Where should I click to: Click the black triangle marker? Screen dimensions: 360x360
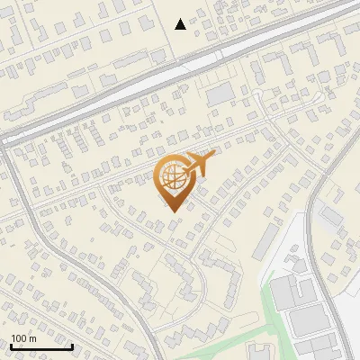coord(181,24)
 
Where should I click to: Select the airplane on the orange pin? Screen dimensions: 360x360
coord(199,163)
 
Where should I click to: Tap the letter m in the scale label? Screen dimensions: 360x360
coord(32,338)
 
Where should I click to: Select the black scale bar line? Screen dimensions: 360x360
coord(41,346)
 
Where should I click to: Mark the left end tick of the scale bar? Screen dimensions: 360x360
coord(11,345)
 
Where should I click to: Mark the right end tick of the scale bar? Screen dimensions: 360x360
coord(72,345)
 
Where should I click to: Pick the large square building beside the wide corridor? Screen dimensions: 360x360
coord(220,94)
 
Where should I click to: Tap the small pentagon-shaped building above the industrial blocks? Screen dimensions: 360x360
coord(296,256)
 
